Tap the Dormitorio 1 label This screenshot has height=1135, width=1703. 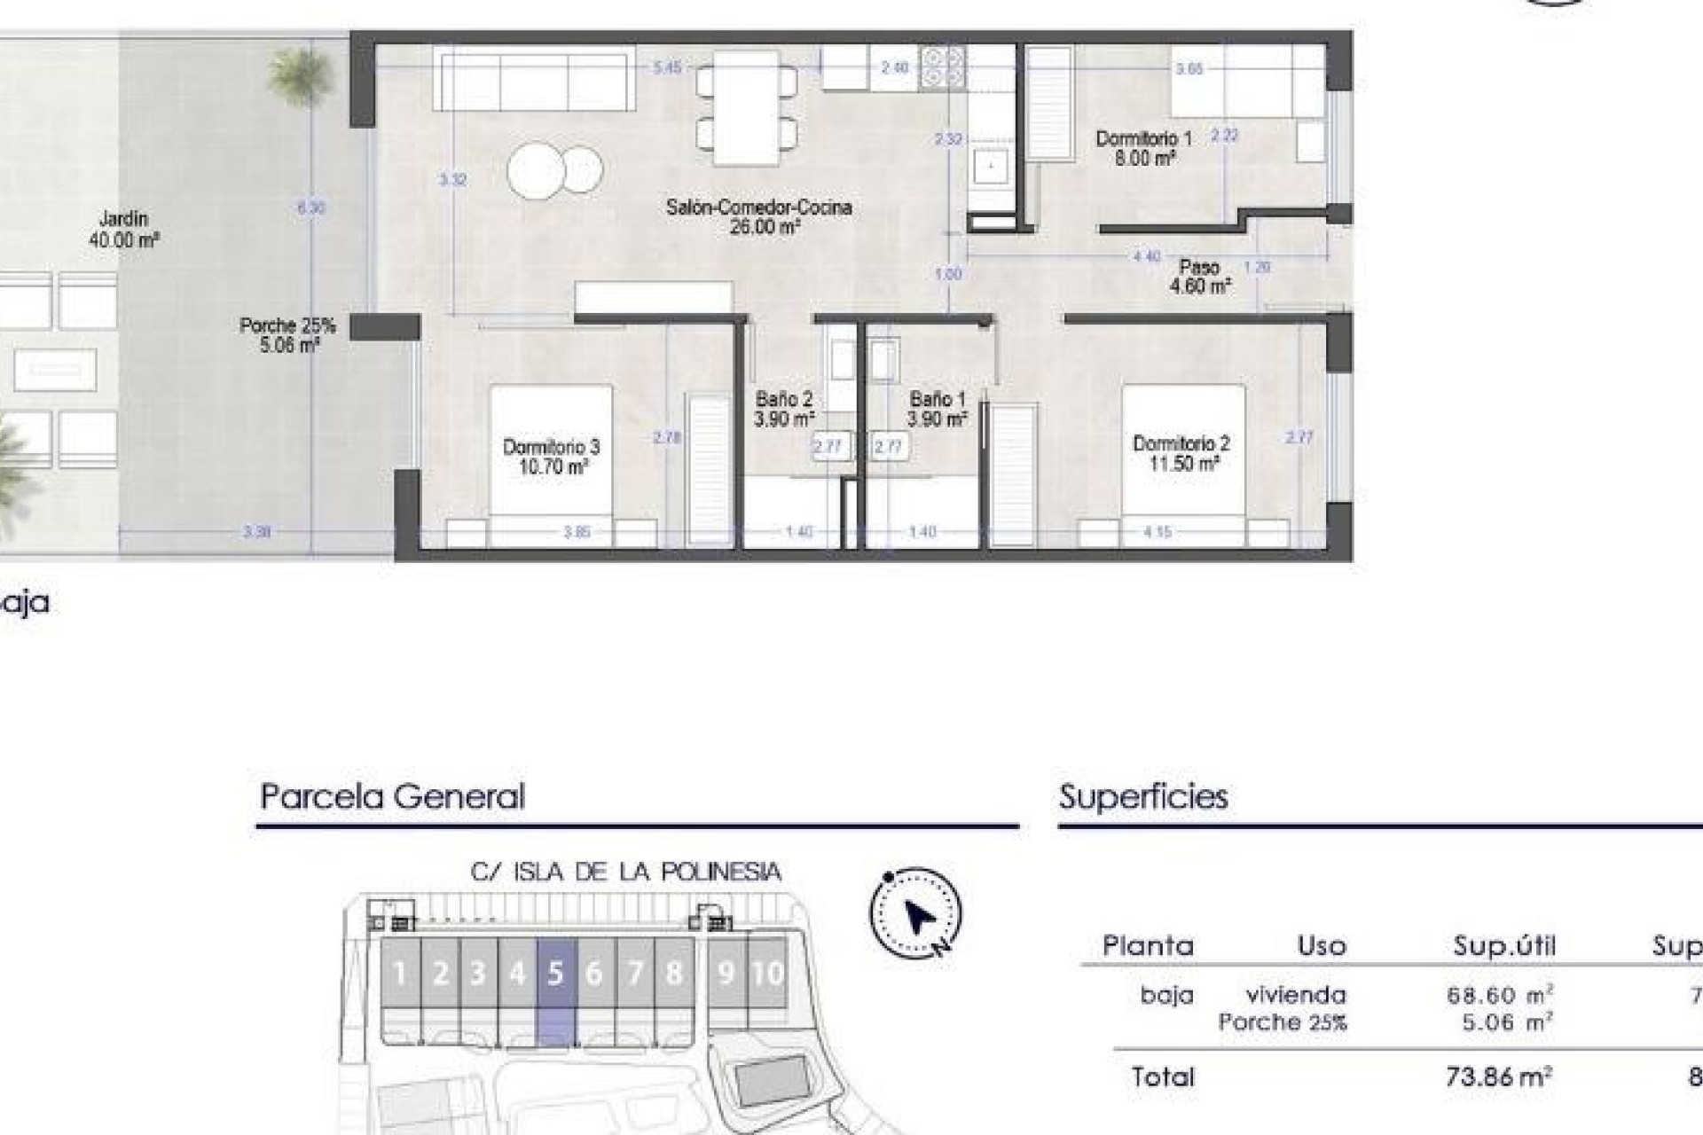(1143, 148)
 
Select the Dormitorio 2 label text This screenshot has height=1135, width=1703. (1181, 453)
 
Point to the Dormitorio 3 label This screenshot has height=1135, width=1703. (551, 457)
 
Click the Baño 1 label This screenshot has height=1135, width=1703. (937, 409)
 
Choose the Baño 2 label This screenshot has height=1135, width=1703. (783, 409)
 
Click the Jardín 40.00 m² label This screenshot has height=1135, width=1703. (123, 229)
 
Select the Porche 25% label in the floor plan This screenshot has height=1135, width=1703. (287, 335)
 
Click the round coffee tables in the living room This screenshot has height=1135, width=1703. (554, 169)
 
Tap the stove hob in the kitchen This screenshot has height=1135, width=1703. (942, 67)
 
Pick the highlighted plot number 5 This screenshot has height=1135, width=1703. (556, 974)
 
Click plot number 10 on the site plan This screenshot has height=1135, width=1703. (767, 974)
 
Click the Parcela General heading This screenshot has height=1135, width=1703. (392, 796)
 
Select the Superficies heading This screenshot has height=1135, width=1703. (1143, 796)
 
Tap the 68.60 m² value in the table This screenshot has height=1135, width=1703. (1499, 995)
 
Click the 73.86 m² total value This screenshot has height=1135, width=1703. (1498, 1077)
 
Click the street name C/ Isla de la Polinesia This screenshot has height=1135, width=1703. (625, 873)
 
